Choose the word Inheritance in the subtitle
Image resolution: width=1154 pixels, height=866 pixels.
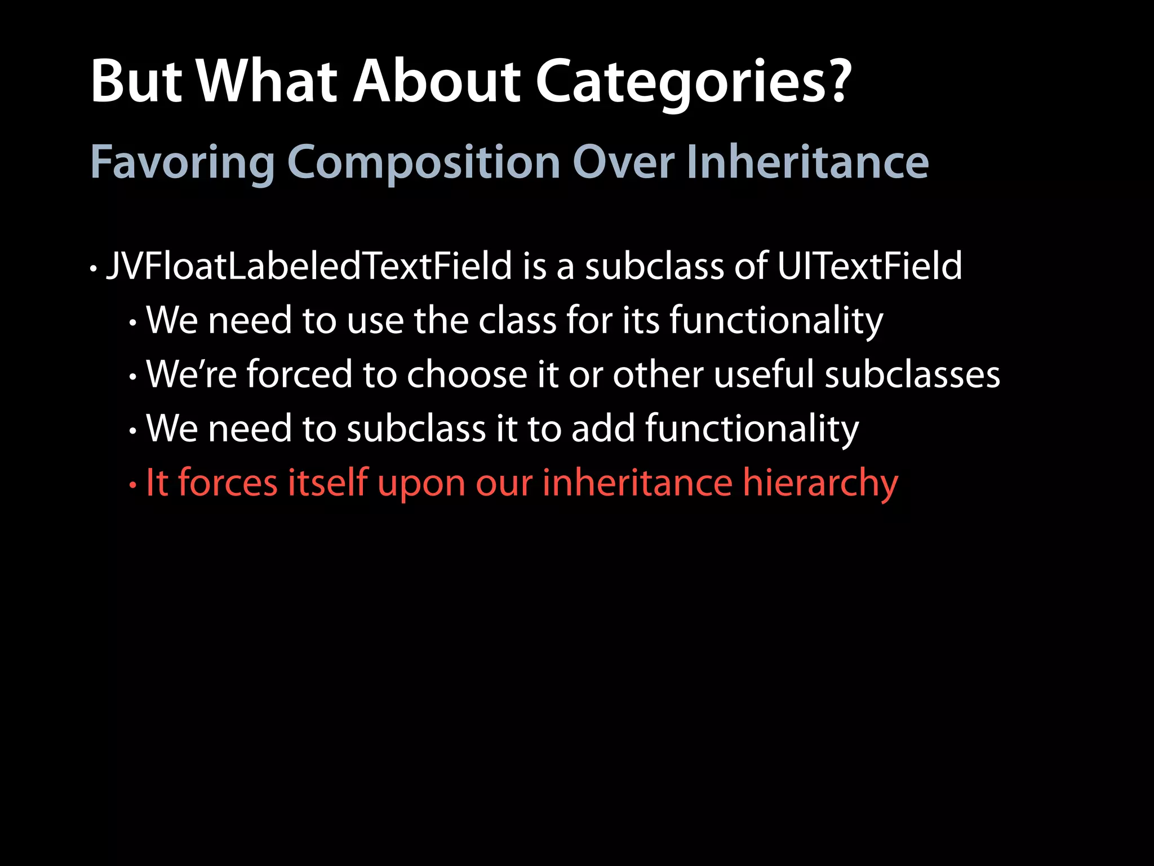807,163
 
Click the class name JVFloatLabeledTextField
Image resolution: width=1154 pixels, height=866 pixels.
309,266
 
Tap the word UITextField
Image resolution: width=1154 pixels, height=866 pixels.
869,266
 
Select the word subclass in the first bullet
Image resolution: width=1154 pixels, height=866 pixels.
654,266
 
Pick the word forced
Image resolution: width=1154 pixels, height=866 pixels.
299,374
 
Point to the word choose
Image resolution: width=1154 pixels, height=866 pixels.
466,374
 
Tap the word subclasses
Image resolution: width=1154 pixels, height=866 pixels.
912,374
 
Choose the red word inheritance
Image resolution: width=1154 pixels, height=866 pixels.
637,483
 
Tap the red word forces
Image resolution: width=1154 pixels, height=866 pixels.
228,483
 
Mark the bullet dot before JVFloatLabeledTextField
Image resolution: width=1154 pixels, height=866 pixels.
94,269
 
